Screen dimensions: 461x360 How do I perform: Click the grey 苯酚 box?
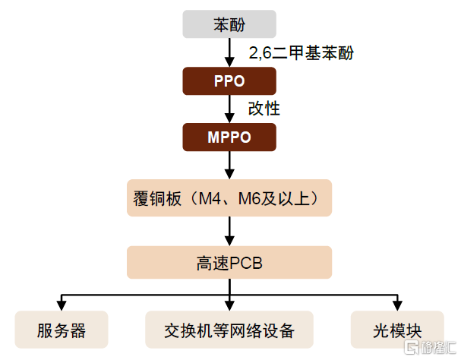click(x=229, y=24)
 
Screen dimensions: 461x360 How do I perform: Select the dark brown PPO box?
click(x=229, y=81)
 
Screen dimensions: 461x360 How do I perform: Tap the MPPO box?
click(x=229, y=137)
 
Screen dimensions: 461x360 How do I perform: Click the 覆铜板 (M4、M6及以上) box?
click(x=229, y=198)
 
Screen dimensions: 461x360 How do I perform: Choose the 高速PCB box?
click(x=229, y=262)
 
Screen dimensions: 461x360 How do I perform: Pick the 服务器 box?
click(x=62, y=330)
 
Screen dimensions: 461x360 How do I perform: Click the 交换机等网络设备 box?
click(x=229, y=330)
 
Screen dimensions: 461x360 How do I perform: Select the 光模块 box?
click(x=397, y=330)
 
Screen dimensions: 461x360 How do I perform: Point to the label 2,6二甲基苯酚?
click(x=301, y=53)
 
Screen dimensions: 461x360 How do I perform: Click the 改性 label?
click(x=264, y=109)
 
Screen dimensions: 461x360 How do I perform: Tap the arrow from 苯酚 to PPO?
click(x=229, y=52)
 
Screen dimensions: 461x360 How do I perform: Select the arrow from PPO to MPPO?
click(x=229, y=109)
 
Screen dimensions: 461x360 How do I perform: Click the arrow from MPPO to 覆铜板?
click(x=229, y=166)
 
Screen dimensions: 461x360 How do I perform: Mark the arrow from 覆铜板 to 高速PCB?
click(x=229, y=231)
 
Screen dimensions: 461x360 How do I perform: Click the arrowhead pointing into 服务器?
click(x=62, y=306)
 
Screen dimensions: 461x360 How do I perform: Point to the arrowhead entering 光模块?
click(x=397, y=306)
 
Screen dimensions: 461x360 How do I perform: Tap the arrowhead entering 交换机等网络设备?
click(x=229, y=306)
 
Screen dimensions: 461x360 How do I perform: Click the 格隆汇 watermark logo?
click(x=430, y=347)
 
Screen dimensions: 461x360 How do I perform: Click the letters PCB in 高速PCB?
click(x=245, y=263)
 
